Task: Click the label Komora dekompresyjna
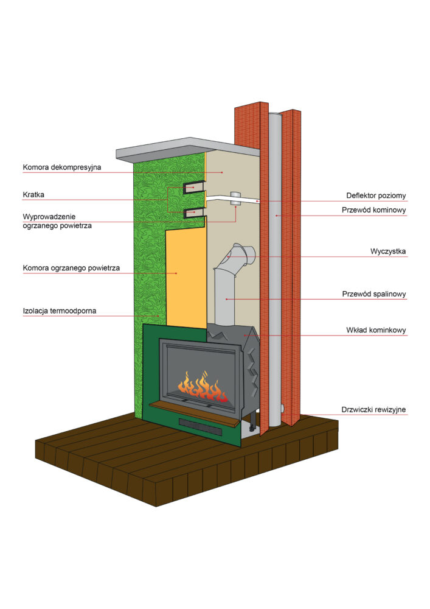coord(62,166)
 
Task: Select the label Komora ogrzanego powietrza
coord(71,267)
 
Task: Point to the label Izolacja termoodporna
coord(60,311)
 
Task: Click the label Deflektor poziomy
coord(376,195)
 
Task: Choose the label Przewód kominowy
coord(375,210)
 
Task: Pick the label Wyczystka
coord(388,251)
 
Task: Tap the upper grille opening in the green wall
coord(194,187)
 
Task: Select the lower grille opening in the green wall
coord(194,212)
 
